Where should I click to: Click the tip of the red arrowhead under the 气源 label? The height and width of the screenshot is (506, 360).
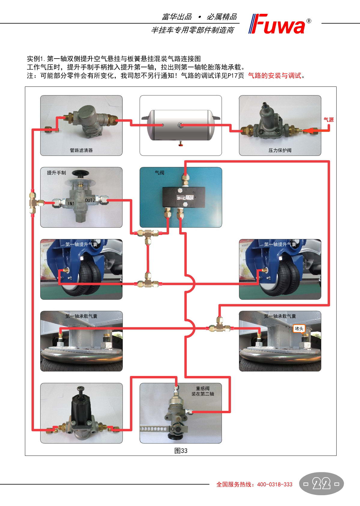pos(303,131)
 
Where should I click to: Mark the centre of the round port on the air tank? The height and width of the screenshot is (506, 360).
pos(180,125)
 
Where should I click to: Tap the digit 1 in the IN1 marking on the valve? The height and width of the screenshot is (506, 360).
pos(73,203)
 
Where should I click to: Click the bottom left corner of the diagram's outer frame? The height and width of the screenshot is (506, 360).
pos(25,456)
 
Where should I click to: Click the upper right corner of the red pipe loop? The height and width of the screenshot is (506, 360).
pos(329,161)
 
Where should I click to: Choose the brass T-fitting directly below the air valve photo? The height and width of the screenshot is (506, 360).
pos(148,235)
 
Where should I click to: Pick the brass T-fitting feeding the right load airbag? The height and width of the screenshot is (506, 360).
pos(219,325)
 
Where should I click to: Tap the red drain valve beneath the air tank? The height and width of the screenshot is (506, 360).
pos(180,143)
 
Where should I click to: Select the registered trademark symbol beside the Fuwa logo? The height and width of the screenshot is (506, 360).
pos(308,21)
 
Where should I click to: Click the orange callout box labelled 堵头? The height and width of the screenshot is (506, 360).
pos(299,329)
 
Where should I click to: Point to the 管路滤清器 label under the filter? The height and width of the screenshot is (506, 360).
pos(81,150)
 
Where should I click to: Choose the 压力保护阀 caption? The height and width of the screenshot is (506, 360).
pos(280,150)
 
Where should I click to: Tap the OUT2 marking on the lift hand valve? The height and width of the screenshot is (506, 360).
pos(90,200)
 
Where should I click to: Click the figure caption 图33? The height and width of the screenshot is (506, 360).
pos(181,451)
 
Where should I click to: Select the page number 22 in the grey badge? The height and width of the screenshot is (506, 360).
pos(321,484)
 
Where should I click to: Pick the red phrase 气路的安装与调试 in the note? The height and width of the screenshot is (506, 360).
pos(275,75)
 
